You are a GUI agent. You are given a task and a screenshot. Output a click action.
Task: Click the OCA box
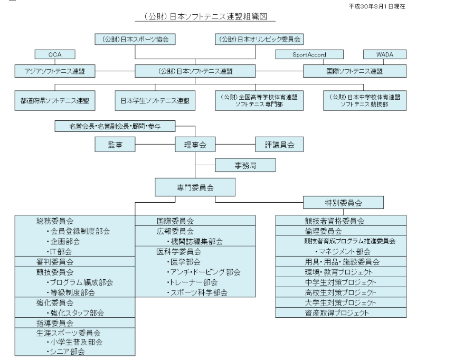55,54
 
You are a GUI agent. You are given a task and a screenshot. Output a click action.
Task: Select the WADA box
385,54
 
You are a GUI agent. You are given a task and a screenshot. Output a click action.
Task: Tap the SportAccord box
309,54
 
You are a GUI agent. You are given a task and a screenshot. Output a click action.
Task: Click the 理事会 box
195,144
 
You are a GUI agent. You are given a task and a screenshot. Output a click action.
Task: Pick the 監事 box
115,144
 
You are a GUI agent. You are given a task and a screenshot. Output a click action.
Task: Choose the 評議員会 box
279,144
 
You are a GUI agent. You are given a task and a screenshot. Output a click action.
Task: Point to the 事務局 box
245,165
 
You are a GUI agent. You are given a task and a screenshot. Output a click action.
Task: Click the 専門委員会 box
195,187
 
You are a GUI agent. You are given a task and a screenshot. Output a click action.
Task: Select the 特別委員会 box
343,203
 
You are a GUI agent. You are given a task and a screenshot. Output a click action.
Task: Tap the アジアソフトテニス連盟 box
55,71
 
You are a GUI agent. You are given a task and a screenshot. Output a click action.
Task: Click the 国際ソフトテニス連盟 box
355,71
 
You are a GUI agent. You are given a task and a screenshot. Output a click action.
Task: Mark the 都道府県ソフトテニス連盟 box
55,100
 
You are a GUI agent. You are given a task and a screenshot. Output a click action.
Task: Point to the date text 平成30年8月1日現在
377,6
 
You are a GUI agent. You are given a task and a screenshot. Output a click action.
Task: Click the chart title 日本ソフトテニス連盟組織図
205,16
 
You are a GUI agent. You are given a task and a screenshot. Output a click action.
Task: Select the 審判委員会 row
75,261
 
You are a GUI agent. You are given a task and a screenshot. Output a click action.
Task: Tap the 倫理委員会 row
341,231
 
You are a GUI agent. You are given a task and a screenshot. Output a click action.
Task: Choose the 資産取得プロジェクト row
341,312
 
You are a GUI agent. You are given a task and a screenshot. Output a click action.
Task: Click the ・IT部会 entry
59,251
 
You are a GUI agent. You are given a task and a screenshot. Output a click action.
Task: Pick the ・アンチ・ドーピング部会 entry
204,272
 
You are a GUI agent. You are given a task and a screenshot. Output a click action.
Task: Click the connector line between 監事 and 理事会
155,144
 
